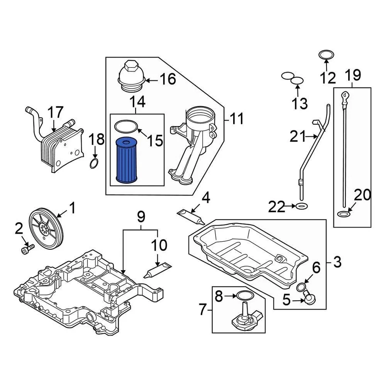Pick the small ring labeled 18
point(93,164)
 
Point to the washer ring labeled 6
point(300,287)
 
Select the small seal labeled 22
point(302,207)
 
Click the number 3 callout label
point(337,263)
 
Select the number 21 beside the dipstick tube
point(298,138)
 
